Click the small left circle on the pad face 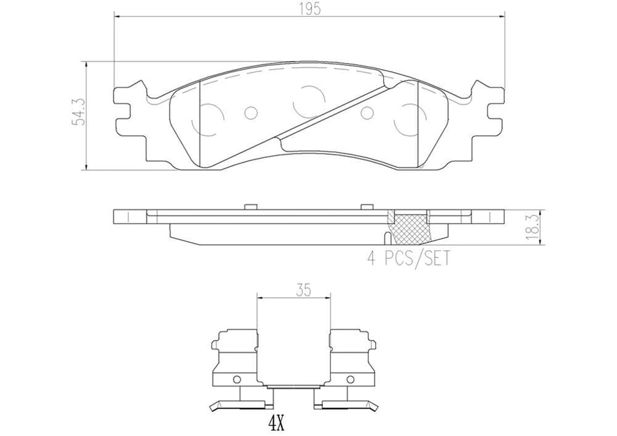[x=251, y=113]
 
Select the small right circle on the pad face [x=367, y=112]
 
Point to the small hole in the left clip [x=236, y=381]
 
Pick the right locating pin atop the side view [x=366, y=206]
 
